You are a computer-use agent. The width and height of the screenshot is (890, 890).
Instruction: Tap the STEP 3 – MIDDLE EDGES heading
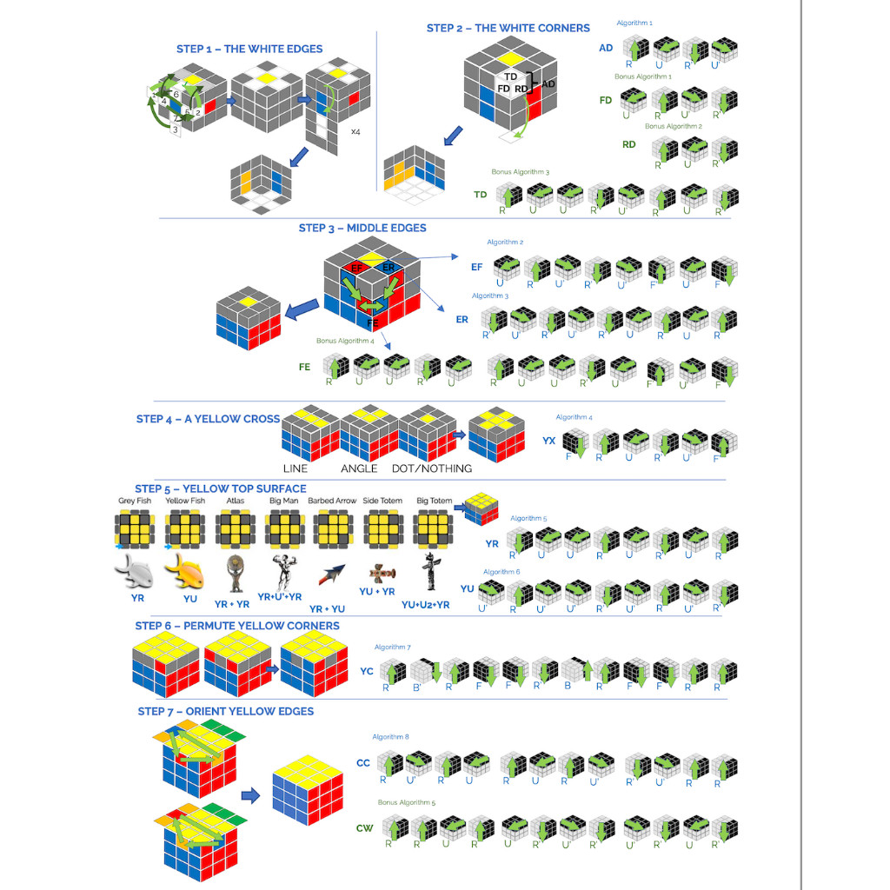(362, 228)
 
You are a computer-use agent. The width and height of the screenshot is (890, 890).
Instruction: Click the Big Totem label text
(434, 501)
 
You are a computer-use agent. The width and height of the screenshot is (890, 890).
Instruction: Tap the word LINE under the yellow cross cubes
(296, 468)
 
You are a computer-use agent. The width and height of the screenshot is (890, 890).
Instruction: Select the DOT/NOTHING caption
(431, 468)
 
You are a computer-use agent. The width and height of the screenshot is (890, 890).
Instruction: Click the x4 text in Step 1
(356, 132)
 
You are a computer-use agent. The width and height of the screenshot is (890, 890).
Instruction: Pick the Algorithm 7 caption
(392, 647)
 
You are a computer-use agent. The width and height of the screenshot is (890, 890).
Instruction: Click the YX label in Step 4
(548, 441)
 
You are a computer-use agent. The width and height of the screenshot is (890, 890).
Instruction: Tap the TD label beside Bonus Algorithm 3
(480, 195)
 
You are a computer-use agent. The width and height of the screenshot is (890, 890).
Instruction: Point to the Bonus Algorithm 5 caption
(407, 802)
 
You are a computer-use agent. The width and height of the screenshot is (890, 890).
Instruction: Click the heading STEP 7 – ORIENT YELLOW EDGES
(225, 711)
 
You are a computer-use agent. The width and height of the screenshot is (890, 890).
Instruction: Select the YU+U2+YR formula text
(426, 604)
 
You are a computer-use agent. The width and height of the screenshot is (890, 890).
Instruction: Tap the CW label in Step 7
(364, 827)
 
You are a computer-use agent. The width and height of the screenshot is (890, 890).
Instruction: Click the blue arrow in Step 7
(251, 794)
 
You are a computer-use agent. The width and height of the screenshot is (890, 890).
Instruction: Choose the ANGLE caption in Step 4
(359, 468)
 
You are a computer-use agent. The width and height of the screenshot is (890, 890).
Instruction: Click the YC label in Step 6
(366, 671)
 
